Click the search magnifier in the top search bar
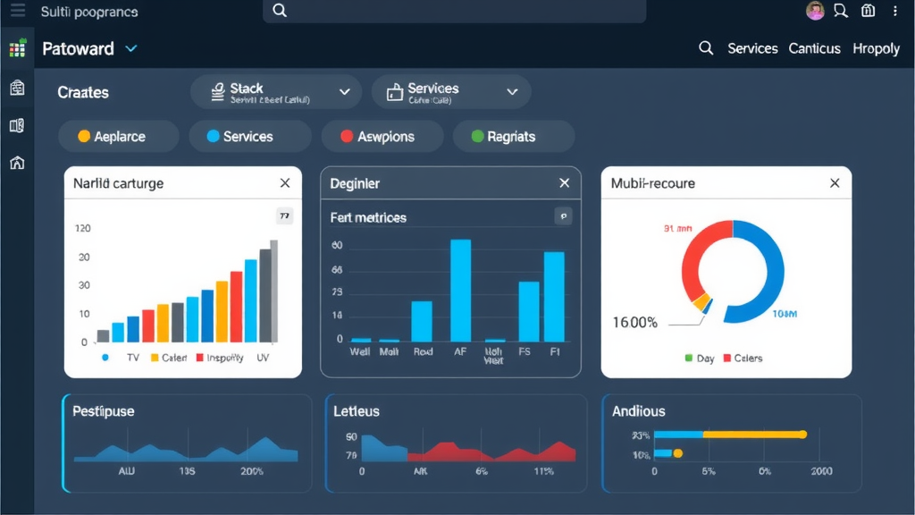click(x=280, y=11)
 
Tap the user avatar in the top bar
click(x=815, y=11)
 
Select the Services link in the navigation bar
click(x=752, y=48)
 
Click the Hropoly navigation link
click(x=876, y=48)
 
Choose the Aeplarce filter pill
click(x=113, y=137)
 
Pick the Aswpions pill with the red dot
click(x=382, y=137)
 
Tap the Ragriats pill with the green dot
click(x=513, y=137)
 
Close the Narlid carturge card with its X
click(x=285, y=183)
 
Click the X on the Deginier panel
click(x=564, y=183)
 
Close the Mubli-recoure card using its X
click(x=835, y=183)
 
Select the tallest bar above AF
click(x=460, y=291)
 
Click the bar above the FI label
click(x=554, y=296)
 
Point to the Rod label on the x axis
click(x=423, y=352)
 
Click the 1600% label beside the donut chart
click(x=634, y=322)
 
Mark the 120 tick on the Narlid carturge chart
click(x=83, y=229)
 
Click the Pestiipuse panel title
click(x=103, y=411)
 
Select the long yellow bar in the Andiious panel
click(x=752, y=435)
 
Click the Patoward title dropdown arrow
click(x=131, y=48)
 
